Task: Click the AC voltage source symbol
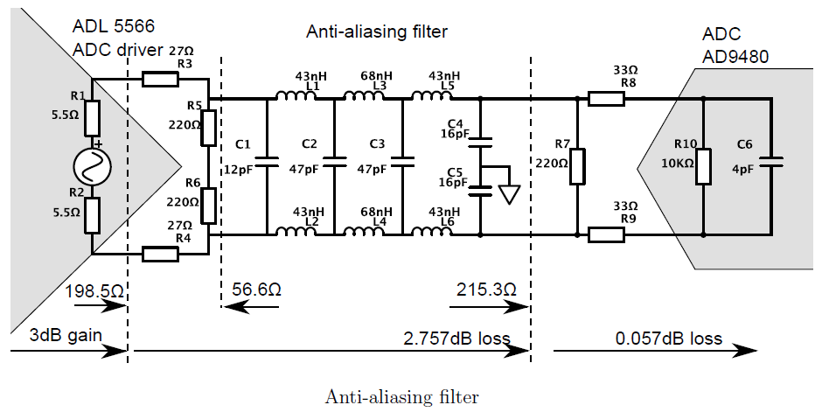click(x=92, y=164)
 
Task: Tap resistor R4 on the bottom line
click(x=161, y=255)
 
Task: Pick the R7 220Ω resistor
click(x=577, y=166)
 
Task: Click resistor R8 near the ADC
click(x=606, y=99)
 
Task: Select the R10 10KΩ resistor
click(x=704, y=166)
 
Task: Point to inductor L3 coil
click(x=366, y=97)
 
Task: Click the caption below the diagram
click(x=402, y=397)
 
